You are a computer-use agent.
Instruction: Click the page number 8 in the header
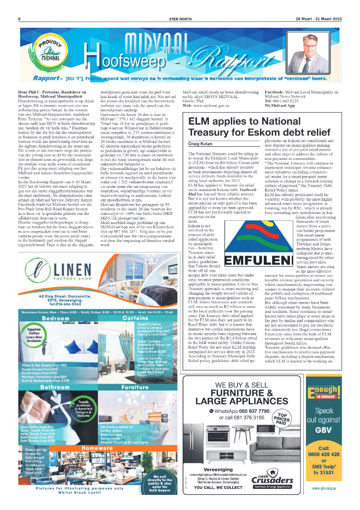19,19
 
